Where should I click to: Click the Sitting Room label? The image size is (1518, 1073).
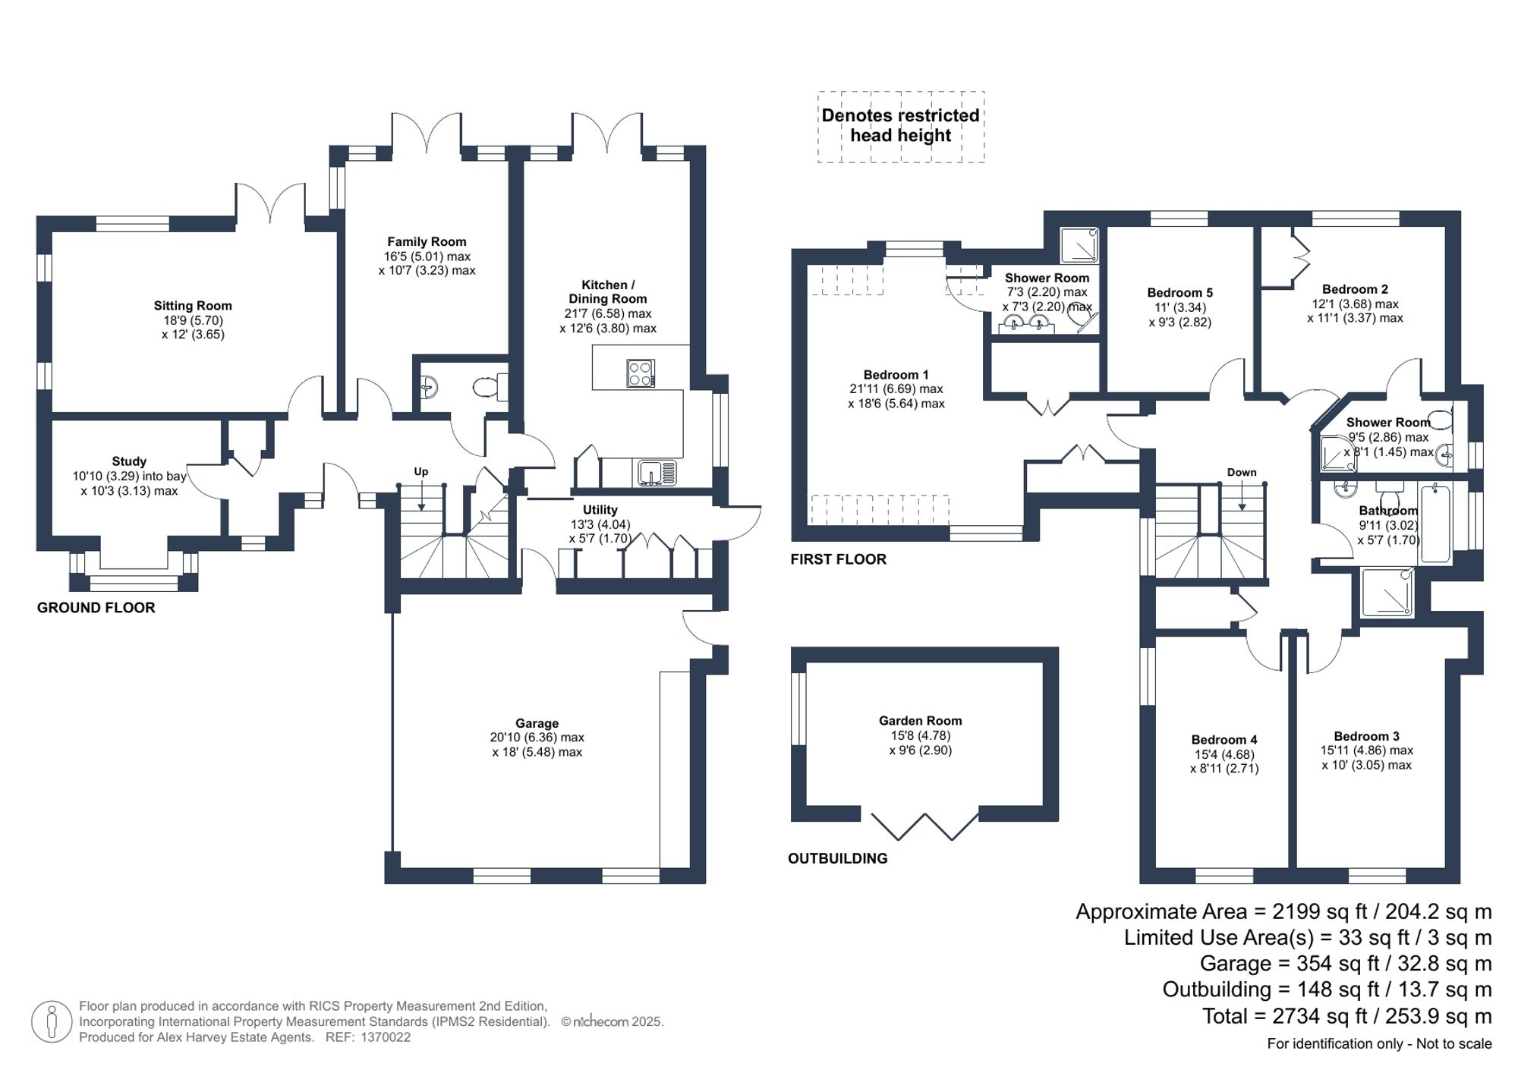[193, 306]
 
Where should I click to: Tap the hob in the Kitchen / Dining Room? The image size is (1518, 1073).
[641, 373]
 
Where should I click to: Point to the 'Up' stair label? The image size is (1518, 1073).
[420, 471]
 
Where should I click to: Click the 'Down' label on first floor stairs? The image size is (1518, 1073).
[1242, 472]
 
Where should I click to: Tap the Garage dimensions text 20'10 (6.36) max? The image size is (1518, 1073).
[537, 738]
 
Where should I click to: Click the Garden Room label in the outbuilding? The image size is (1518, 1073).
[920, 721]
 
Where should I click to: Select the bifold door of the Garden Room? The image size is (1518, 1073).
[924, 826]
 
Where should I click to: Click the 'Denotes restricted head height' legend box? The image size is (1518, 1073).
[901, 127]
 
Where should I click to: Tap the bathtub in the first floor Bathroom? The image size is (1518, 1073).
[1435, 524]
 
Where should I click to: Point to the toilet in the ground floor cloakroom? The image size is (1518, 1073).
[489, 388]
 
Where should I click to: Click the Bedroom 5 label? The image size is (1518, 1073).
[1179, 293]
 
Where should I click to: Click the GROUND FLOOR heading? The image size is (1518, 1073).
[96, 608]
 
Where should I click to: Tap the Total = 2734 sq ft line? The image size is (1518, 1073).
[1346, 1016]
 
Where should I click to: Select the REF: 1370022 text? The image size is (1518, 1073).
[368, 1037]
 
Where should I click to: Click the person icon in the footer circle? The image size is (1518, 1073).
[52, 1021]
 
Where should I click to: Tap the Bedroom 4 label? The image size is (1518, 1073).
[1224, 740]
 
